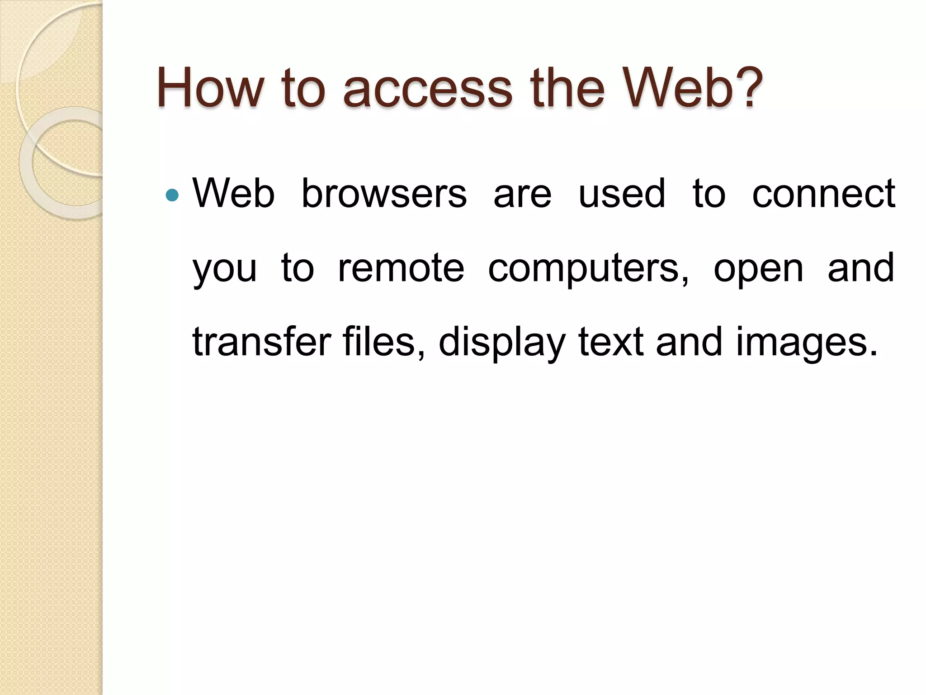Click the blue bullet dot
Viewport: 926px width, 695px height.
(x=172, y=195)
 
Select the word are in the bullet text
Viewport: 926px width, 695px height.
(x=522, y=195)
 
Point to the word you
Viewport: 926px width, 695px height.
(x=225, y=270)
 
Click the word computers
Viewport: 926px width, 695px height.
(x=588, y=270)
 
